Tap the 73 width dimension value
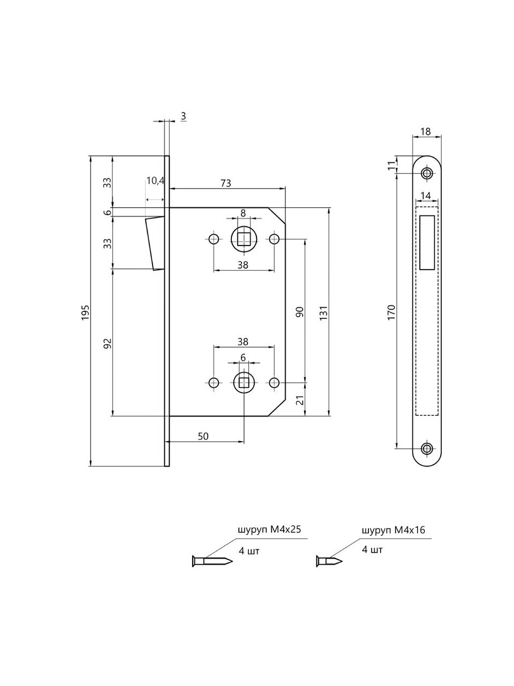click(225, 183)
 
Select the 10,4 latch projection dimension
click(155, 181)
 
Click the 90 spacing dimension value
click(300, 311)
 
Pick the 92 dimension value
click(107, 342)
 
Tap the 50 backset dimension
click(203, 436)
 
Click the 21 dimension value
click(300, 399)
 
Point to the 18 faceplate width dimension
click(426, 131)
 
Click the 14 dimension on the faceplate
click(426, 195)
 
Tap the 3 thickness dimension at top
click(184, 116)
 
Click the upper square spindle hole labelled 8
click(244, 238)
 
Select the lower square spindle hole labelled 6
click(244, 382)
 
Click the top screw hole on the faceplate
click(427, 173)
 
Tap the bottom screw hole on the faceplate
click(427, 449)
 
